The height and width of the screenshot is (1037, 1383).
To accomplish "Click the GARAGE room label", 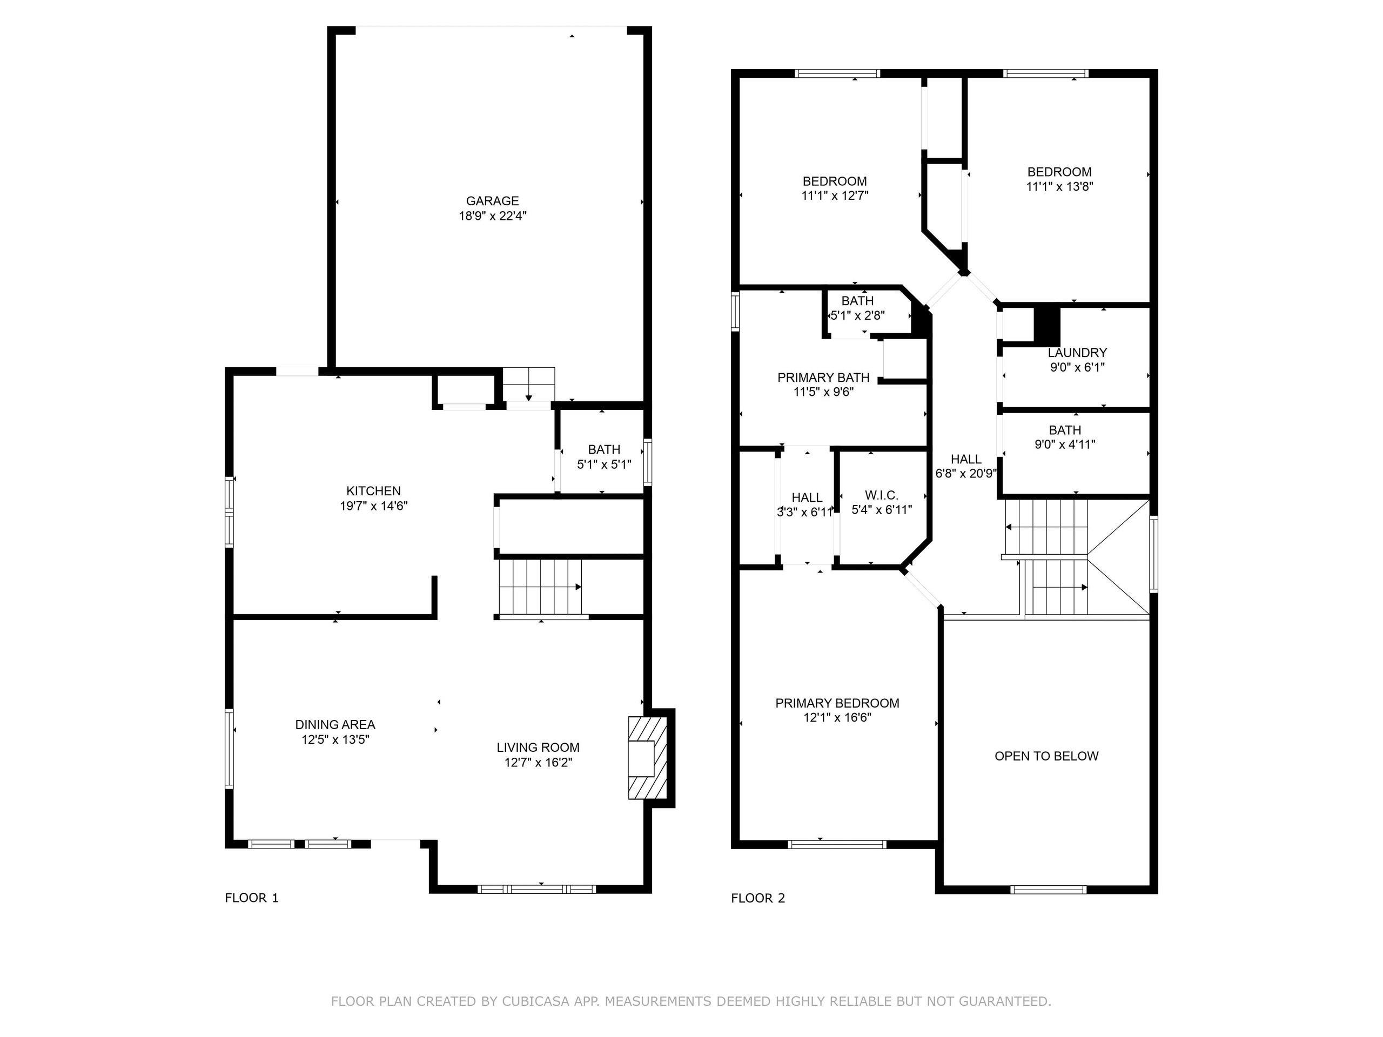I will tap(492, 201).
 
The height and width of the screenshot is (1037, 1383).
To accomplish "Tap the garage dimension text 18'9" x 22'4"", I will tap(492, 216).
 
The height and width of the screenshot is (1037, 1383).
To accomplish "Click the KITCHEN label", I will tap(373, 490).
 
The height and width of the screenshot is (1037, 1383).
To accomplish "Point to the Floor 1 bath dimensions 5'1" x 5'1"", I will tap(603, 464).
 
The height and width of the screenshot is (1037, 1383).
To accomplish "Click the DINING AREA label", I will tap(335, 724).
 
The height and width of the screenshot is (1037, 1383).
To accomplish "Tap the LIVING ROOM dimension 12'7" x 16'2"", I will tap(538, 763).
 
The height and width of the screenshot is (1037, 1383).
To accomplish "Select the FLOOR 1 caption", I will tap(251, 898).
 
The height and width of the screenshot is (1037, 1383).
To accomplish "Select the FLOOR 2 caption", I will tap(758, 898).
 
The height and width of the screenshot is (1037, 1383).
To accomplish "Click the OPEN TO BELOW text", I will tap(1046, 756).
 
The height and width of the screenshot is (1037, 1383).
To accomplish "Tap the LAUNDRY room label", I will tap(1077, 353).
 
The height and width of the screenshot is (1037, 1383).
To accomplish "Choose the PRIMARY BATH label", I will tap(823, 378).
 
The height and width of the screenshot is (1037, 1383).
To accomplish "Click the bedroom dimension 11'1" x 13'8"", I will tap(1059, 186).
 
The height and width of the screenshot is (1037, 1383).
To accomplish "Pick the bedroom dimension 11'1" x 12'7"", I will tap(835, 196).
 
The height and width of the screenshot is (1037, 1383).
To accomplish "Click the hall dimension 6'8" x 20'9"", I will tap(965, 474).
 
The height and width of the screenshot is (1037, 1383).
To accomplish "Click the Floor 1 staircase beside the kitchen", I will tap(540, 587).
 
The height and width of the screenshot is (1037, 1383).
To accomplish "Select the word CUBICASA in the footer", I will tap(535, 1001).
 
